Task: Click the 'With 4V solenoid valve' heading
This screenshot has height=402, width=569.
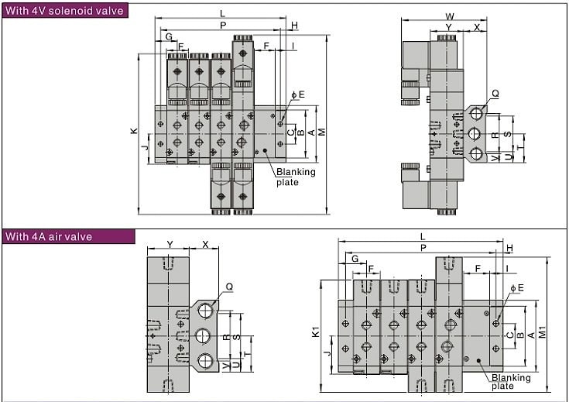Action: point(64,11)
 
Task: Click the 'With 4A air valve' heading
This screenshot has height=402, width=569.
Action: point(49,237)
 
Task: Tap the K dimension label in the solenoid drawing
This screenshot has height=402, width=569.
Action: point(134,131)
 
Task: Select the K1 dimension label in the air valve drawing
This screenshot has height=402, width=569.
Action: point(315,332)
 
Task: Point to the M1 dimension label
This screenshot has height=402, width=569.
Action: point(542,332)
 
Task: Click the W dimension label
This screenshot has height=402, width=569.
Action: point(449,17)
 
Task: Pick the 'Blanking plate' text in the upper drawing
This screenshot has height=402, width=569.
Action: point(296,177)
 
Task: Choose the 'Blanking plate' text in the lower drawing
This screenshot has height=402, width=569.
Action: point(511,382)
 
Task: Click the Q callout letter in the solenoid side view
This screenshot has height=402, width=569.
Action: point(495,94)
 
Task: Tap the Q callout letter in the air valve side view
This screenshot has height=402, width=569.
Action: point(229,287)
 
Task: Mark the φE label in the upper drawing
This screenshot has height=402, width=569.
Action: point(298,94)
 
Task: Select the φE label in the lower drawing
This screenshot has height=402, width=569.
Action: point(517,288)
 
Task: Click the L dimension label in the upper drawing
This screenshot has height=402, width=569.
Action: point(222,14)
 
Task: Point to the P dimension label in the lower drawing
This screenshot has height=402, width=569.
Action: point(423,248)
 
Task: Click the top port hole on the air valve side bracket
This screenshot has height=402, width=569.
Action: point(206,311)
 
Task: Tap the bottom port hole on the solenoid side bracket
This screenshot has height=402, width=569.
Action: point(476,154)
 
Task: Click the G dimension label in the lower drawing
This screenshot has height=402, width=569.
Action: point(355,259)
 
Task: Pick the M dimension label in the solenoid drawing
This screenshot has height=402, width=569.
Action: point(321,132)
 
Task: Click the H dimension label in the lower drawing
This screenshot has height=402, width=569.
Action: point(510,248)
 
